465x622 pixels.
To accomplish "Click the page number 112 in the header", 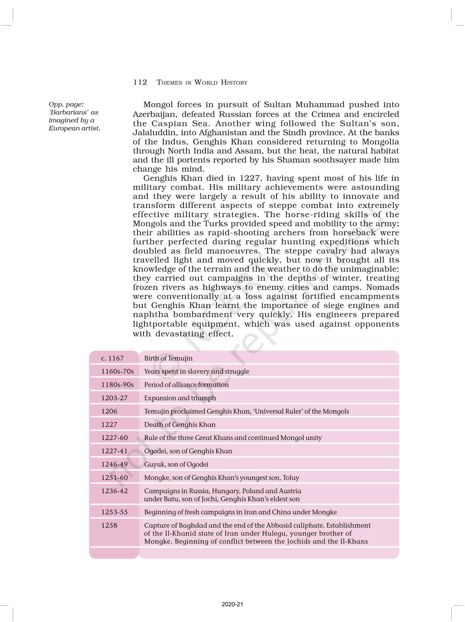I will click(140, 82).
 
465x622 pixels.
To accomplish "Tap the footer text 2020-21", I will click(232, 604).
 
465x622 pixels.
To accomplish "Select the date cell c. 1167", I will click(112, 358).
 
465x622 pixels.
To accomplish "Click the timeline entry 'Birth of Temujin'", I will click(168, 358).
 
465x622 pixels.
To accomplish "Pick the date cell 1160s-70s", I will click(117, 371).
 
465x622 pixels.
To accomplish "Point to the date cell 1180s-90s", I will click(117, 385).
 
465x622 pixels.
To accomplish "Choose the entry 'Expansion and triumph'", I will click(180, 398).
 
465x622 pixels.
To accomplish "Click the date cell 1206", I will click(109, 411).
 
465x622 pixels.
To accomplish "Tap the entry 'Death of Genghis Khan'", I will click(180, 424).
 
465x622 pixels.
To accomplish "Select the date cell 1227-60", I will click(114, 437).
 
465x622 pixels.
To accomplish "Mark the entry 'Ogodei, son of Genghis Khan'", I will click(188, 451).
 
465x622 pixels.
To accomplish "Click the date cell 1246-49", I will click(114, 464).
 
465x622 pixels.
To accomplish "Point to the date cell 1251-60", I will click(114, 478).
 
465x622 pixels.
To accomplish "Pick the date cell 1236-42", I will click(114, 491).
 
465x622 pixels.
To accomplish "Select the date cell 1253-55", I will click(114, 512).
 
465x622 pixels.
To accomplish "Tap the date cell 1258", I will click(109, 525).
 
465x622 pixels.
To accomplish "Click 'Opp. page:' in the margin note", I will click(66, 104).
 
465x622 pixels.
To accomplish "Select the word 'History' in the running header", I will click(234, 83).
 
